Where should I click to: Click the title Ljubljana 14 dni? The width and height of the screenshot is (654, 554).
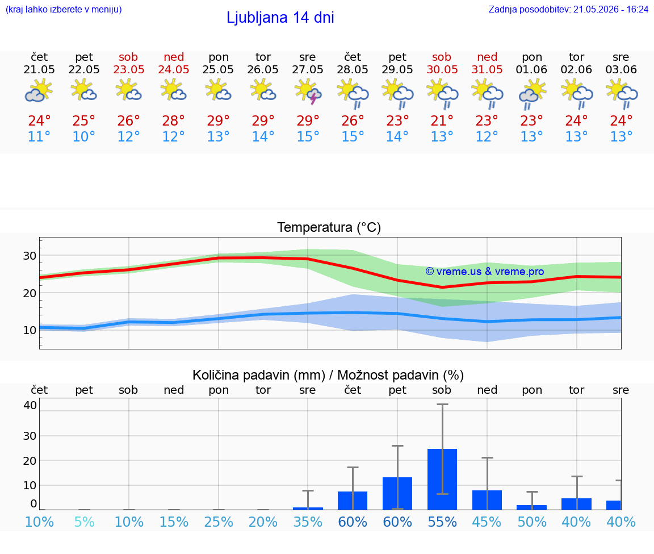[x=280, y=18]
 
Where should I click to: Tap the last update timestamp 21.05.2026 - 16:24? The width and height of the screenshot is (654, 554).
[x=611, y=9]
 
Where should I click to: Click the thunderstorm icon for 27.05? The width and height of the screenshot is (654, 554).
[x=308, y=92]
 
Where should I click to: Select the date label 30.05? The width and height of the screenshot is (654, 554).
[x=442, y=69]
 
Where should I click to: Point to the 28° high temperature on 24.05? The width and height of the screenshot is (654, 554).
[x=174, y=120]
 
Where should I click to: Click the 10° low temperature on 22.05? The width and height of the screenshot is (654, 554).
[x=84, y=136]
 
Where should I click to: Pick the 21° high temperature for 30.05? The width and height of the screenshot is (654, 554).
[x=442, y=120]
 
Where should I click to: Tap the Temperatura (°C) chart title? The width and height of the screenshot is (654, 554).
[x=329, y=227]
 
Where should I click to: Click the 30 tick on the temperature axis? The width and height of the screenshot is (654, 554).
[x=30, y=256]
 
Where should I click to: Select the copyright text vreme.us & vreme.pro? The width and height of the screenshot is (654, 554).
[x=485, y=272]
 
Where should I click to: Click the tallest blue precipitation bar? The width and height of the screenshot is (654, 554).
[x=442, y=479]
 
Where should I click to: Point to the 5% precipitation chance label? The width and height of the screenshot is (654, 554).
[x=84, y=522]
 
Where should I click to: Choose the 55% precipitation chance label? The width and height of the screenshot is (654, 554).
[x=442, y=522]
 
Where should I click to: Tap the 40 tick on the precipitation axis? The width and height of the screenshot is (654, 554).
[x=30, y=405]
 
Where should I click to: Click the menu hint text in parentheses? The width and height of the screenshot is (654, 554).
[x=64, y=9]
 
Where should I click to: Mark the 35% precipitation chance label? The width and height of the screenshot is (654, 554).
[x=308, y=522]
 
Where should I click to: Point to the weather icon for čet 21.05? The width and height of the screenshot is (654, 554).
[x=39, y=92]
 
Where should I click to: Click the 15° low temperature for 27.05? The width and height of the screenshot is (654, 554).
[x=308, y=136]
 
